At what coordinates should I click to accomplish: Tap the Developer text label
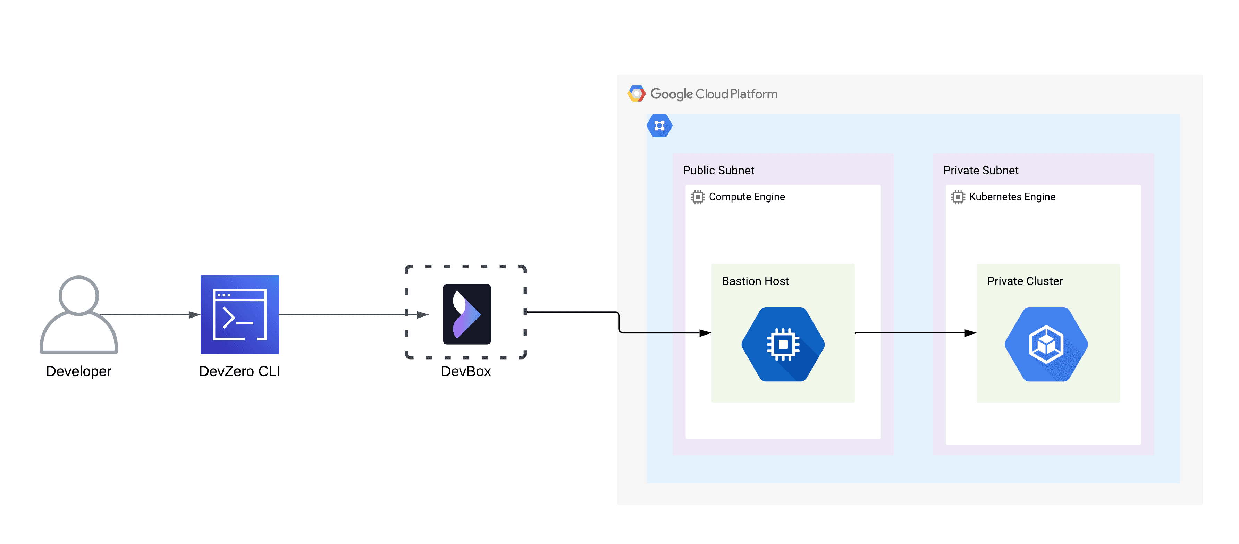(x=78, y=371)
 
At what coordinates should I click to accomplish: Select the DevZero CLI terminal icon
(x=239, y=314)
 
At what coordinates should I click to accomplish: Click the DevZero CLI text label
(x=239, y=371)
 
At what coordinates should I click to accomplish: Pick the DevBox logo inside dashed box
(x=466, y=314)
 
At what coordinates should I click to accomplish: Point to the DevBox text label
(x=466, y=371)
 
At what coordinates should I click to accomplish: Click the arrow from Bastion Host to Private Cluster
(x=914, y=333)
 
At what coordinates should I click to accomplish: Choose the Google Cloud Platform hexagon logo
(x=637, y=94)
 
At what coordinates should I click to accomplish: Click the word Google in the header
(x=672, y=94)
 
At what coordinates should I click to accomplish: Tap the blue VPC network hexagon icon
(x=659, y=126)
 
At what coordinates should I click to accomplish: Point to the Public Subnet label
(x=718, y=171)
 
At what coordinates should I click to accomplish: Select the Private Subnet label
(x=981, y=171)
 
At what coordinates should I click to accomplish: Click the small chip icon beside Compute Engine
(x=698, y=197)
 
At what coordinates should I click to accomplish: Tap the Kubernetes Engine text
(x=1012, y=197)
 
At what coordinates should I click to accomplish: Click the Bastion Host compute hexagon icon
(x=783, y=344)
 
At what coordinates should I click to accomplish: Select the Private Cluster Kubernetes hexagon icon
(x=1046, y=344)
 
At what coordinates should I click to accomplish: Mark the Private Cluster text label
(x=1025, y=281)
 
